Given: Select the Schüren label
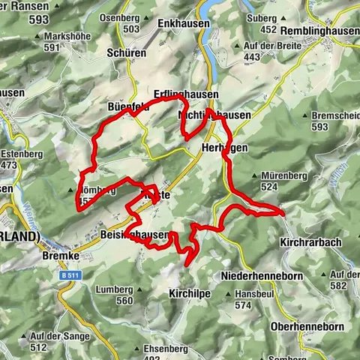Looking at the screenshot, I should tap(127, 54).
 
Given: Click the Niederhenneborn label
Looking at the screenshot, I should tap(259, 277).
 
